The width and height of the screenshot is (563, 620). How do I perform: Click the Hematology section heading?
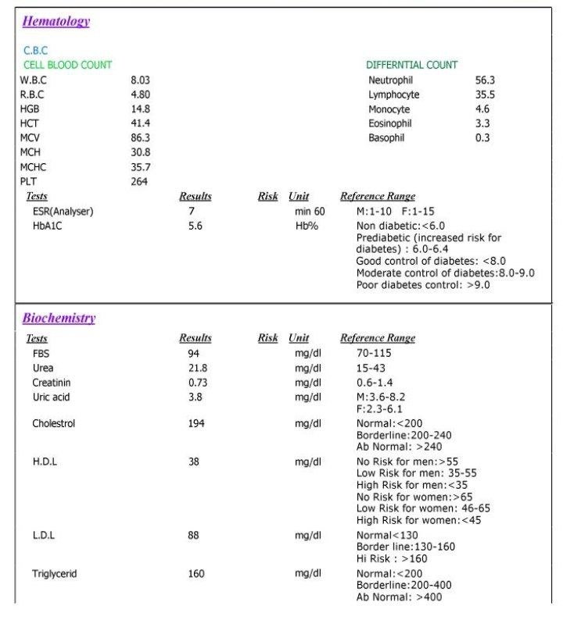pos(56,22)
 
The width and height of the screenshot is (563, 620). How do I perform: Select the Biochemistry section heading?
pos(59,318)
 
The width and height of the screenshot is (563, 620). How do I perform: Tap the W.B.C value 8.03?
pos(140,80)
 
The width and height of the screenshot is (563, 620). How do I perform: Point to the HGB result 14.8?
pos(140,109)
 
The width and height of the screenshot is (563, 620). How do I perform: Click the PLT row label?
pos(28,181)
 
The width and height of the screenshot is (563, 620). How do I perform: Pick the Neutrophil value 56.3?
pos(485,80)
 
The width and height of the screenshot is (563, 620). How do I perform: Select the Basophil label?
pos(389,138)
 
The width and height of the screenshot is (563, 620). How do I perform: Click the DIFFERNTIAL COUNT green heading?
pos(411,65)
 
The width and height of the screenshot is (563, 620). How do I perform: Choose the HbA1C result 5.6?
pos(195,226)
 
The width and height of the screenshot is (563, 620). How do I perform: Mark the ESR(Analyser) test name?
pos(63,211)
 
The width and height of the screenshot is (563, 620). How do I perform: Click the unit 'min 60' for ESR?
pos(310,211)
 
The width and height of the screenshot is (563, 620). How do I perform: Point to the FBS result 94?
pos(195,354)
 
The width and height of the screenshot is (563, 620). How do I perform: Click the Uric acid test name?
pos(52,397)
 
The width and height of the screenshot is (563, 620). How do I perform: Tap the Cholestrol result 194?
pos(196,423)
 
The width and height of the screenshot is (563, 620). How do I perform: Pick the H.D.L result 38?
pos(194,461)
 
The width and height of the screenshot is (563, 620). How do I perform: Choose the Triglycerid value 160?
pos(196,574)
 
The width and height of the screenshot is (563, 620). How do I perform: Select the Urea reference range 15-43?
pos(373,368)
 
